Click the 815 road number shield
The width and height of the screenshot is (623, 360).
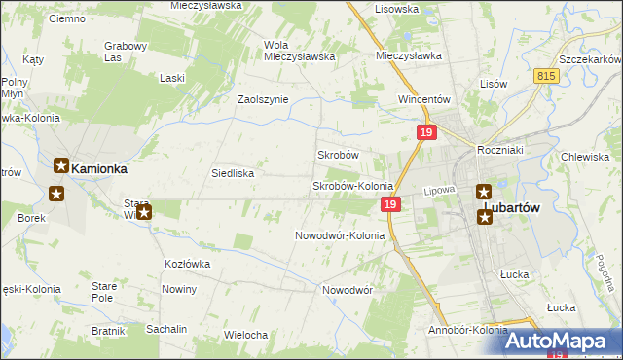click(x=545, y=75)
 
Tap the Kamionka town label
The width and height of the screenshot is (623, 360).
click(x=100, y=168)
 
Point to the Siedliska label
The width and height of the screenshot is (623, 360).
click(x=233, y=173)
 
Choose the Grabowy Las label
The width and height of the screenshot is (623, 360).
click(x=126, y=51)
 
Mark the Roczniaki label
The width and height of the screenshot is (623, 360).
click(x=501, y=150)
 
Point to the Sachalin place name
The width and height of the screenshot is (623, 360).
click(x=166, y=329)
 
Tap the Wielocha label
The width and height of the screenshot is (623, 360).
click(x=245, y=335)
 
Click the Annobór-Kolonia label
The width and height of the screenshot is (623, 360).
click(x=467, y=330)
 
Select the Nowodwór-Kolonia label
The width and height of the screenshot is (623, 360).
click(x=340, y=235)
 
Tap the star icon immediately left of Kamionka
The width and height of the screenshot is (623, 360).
click(x=60, y=167)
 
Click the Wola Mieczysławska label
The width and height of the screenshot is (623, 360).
click(x=300, y=51)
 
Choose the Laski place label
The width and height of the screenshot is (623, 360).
click(x=173, y=77)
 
